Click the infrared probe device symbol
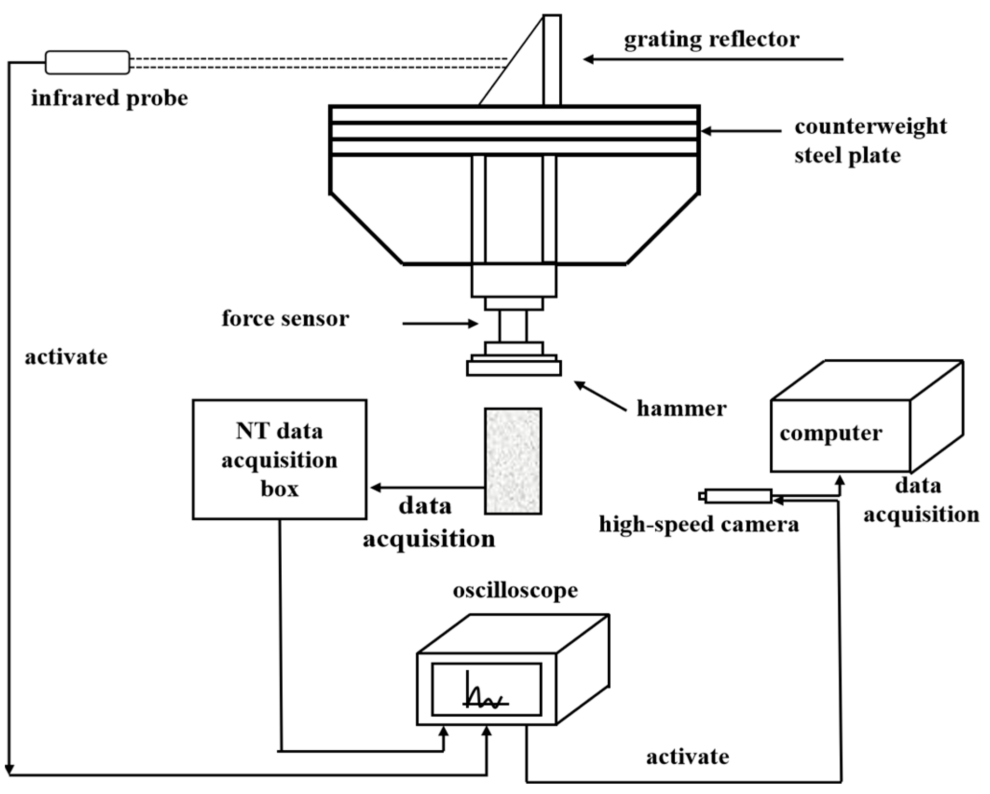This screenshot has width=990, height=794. pyautogui.click(x=87, y=62)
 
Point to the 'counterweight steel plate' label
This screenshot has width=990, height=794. pyautogui.click(x=870, y=141)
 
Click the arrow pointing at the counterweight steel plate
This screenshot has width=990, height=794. pyautogui.click(x=741, y=131)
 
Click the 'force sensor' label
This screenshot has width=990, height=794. pyautogui.click(x=285, y=319)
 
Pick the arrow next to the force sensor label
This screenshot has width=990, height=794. pyautogui.click(x=441, y=323)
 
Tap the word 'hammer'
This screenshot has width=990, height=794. pyautogui.click(x=682, y=409)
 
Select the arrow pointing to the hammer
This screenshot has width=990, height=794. pyautogui.click(x=600, y=396)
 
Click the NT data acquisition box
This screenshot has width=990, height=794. pyautogui.click(x=279, y=459)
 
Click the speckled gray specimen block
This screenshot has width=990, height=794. pyautogui.click(x=513, y=461)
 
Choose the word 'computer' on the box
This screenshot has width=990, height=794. pyautogui.click(x=831, y=434)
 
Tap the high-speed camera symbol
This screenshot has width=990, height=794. pyautogui.click(x=735, y=496)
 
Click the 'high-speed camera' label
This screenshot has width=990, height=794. pyautogui.click(x=698, y=525)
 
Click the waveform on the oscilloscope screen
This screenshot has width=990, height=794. pyautogui.click(x=484, y=690)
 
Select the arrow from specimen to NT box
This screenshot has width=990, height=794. pyautogui.click(x=427, y=488)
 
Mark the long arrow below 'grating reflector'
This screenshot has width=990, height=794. pyautogui.click(x=713, y=59)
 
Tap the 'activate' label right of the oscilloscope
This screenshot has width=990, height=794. pyautogui.click(x=687, y=757)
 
